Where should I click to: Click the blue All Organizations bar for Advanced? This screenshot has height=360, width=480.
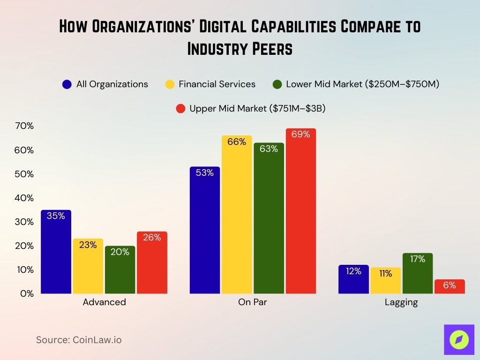(x=56, y=253)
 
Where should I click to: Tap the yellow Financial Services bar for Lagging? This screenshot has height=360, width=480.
(x=386, y=281)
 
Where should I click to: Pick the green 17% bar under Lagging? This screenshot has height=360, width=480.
(x=418, y=274)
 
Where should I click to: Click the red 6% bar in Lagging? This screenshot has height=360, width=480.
(x=450, y=287)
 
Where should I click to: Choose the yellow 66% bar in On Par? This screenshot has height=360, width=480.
(x=237, y=216)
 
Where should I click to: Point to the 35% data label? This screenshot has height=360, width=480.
(x=56, y=216)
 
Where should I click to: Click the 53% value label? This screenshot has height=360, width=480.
(x=205, y=173)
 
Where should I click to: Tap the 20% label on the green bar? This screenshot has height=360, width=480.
(x=120, y=252)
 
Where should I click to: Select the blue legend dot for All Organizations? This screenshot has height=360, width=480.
(x=67, y=84)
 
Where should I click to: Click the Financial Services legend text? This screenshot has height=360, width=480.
(x=217, y=84)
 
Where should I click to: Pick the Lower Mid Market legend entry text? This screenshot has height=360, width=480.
(x=362, y=84)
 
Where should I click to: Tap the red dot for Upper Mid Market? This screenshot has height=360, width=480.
(x=180, y=109)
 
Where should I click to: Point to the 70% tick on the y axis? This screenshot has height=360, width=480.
(x=24, y=126)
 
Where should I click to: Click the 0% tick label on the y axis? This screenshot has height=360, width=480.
(x=26, y=293)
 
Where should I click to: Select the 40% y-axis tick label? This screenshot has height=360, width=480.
(x=24, y=198)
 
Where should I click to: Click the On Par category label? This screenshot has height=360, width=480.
(x=252, y=302)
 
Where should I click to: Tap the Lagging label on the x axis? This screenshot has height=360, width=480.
(x=401, y=302)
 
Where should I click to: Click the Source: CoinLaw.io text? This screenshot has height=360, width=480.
(x=79, y=340)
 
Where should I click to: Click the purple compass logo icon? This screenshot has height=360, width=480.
(x=458, y=339)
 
